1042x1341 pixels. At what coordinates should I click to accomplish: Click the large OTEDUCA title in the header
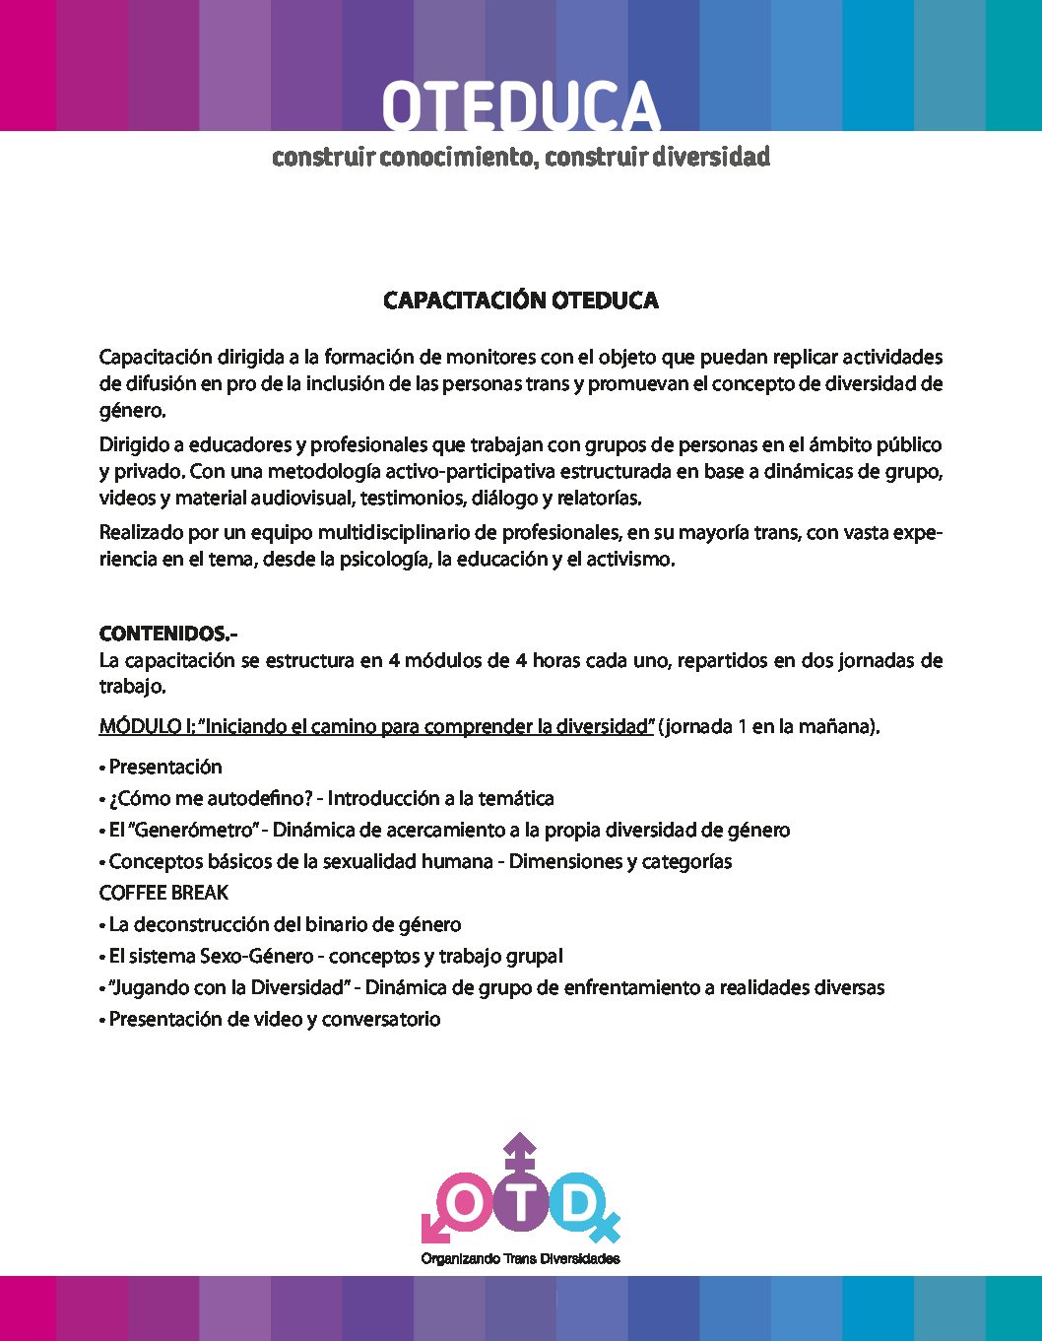(520, 106)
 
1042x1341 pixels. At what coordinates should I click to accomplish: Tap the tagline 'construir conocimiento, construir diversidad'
(520, 158)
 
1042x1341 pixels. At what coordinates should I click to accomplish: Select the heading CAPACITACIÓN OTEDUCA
(520, 301)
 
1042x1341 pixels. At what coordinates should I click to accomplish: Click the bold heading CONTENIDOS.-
(168, 634)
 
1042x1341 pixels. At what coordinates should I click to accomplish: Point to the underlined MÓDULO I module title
(376, 727)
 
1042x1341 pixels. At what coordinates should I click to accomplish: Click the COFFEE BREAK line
(163, 893)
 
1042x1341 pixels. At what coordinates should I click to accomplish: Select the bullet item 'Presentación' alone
(164, 767)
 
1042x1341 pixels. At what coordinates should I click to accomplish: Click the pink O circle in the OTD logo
(467, 1201)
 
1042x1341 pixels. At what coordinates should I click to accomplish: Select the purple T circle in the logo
(520, 1201)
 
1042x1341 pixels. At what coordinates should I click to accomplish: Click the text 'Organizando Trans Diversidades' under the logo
(520, 1258)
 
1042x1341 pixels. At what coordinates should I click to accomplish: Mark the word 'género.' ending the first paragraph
(133, 410)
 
